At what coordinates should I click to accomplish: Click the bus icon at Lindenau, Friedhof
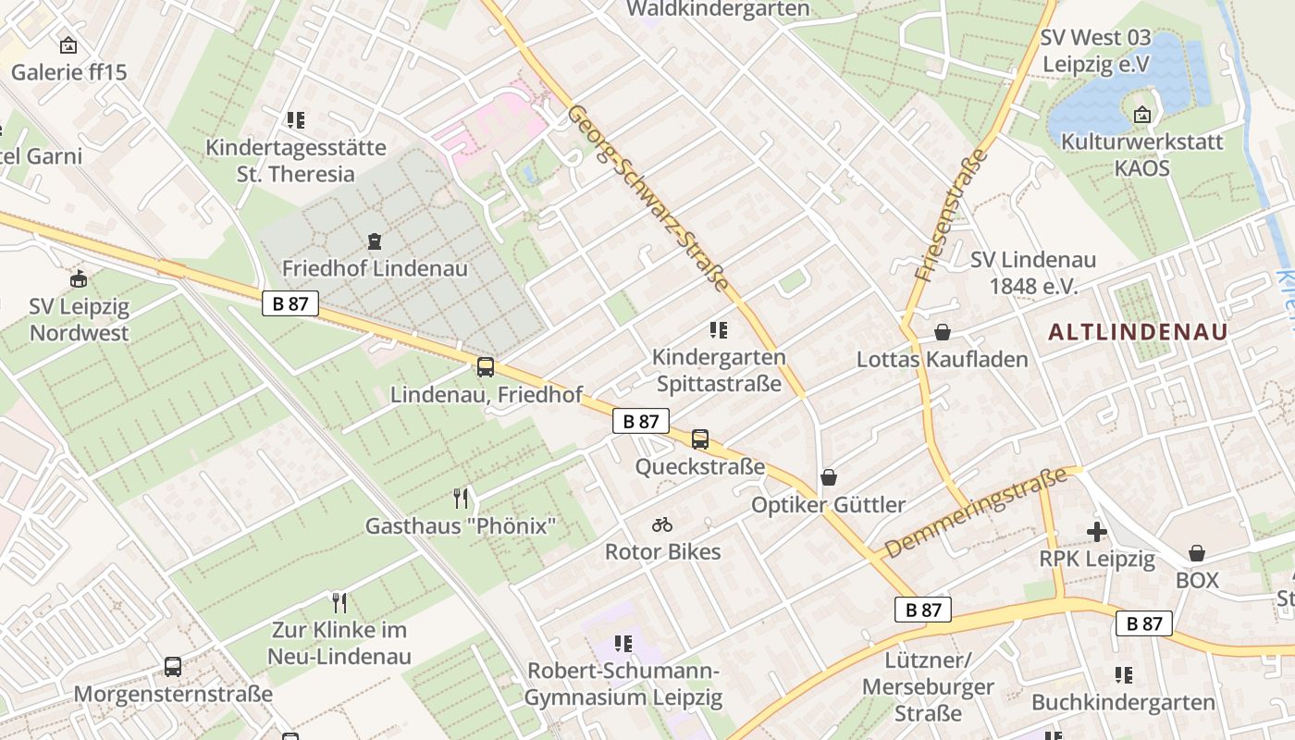click(x=486, y=367)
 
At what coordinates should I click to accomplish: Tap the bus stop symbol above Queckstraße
click(x=700, y=439)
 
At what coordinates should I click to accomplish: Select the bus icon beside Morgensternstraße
click(x=173, y=666)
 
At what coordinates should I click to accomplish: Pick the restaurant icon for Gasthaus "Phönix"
click(x=461, y=499)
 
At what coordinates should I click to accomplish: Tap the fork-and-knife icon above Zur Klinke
click(x=339, y=603)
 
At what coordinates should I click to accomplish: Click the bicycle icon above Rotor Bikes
click(x=662, y=524)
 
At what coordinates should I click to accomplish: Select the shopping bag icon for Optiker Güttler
click(x=829, y=477)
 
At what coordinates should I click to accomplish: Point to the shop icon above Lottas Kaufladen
click(x=943, y=331)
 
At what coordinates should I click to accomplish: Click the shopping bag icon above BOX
click(x=1197, y=553)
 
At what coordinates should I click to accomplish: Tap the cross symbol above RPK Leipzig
click(x=1097, y=532)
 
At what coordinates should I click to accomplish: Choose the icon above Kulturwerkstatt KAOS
click(x=1142, y=116)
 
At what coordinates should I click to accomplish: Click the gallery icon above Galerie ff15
click(x=68, y=44)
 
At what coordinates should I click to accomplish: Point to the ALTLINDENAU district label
click(x=1139, y=332)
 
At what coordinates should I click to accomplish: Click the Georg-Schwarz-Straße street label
click(x=648, y=198)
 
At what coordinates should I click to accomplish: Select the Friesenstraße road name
click(x=950, y=215)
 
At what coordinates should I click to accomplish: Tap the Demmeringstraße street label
click(x=974, y=513)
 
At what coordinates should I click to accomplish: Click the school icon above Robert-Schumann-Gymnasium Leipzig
click(x=623, y=644)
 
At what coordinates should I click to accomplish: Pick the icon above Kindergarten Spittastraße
click(x=718, y=330)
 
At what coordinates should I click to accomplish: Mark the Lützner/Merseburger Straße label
click(x=927, y=686)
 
